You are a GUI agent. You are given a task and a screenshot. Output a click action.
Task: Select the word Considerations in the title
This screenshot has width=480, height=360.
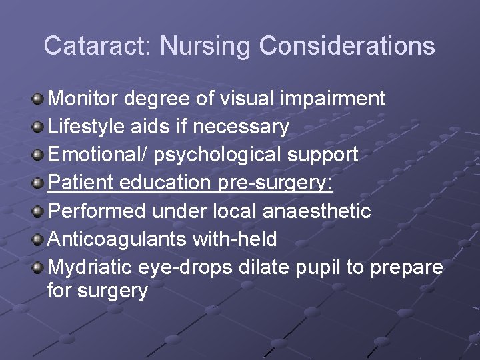[x=347, y=46]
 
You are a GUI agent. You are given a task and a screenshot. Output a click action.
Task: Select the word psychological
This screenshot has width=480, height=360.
[x=218, y=155]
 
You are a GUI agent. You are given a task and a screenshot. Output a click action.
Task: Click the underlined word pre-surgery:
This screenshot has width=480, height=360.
[x=275, y=183]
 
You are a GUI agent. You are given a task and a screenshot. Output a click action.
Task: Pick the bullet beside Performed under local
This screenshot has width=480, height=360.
[x=39, y=212]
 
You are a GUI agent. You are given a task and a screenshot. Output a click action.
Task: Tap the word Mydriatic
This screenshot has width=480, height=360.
[x=91, y=267]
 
